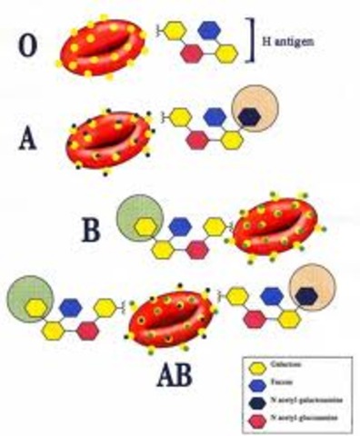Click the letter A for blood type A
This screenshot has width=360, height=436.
pyautogui.click(x=29, y=140)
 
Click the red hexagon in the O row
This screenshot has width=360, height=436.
pyautogui.click(x=193, y=53)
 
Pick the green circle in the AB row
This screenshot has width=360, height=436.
pyautogui.click(x=28, y=301)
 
